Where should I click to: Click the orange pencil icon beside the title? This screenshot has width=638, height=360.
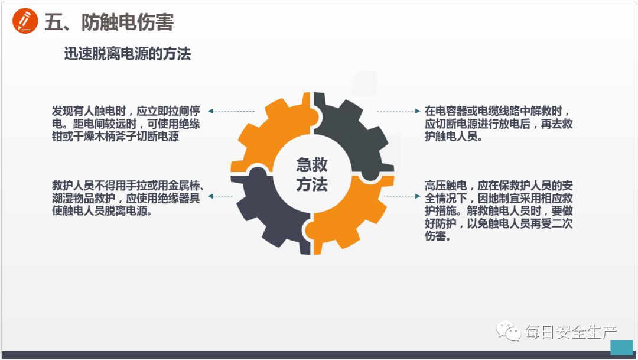25,22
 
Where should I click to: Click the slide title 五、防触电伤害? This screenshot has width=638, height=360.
109,22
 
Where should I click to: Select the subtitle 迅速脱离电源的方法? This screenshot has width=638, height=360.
127,54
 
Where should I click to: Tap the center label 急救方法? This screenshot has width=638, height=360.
312,174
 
